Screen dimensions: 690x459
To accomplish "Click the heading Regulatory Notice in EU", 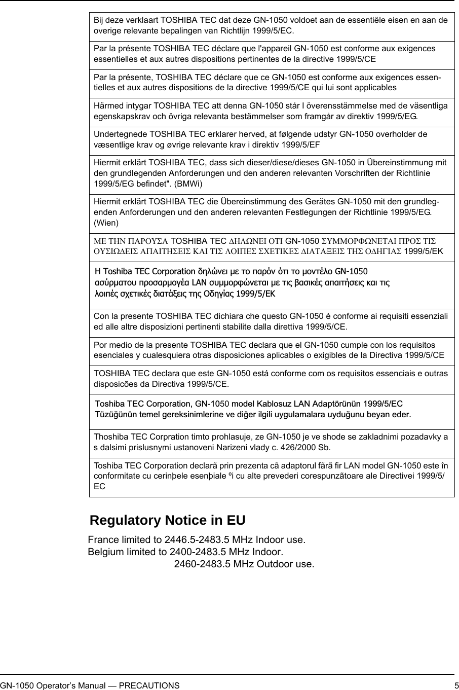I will (x=167, y=521).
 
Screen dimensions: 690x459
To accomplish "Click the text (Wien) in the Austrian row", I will (x=106, y=223).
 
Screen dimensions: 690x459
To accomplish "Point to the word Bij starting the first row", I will (x=99, y=20).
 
